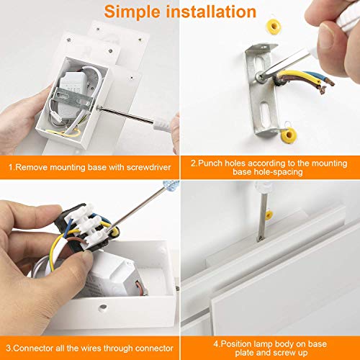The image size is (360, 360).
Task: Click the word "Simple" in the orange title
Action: (x=132, y=12)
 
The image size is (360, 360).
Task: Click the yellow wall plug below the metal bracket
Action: (x=289, y=135)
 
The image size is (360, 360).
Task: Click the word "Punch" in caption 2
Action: (x=210, y=163)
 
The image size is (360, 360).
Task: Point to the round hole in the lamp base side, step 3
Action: (x=103, y=307)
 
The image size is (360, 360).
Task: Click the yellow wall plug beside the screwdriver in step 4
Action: (x=269, y=215)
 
